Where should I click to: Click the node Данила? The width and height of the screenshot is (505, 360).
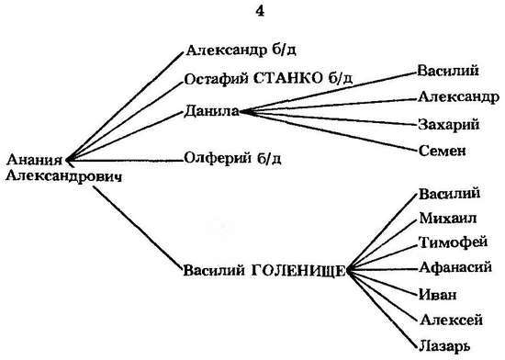tap(210, 111)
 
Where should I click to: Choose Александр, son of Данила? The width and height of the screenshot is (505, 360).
tap(457, 96)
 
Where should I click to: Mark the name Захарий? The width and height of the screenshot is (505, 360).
tap(447, 124)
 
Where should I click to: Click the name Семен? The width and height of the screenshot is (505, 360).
tap(442, 151)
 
